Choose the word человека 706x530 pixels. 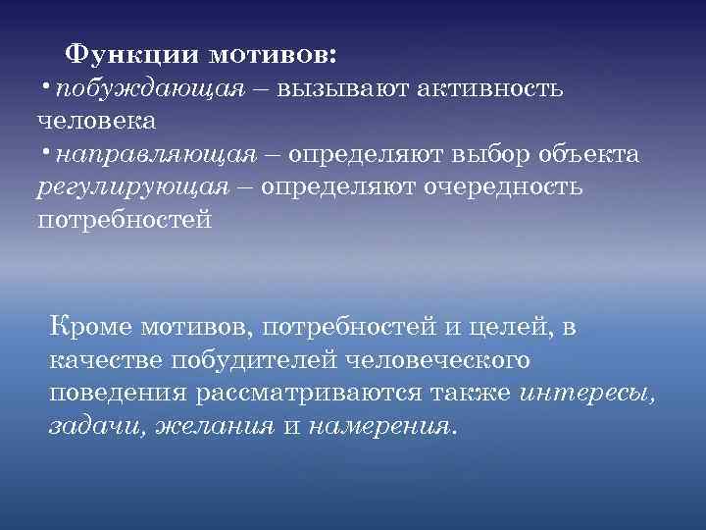pos(96,122)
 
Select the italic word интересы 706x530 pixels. pos(599,394)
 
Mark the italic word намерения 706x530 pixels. pos(380,427)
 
